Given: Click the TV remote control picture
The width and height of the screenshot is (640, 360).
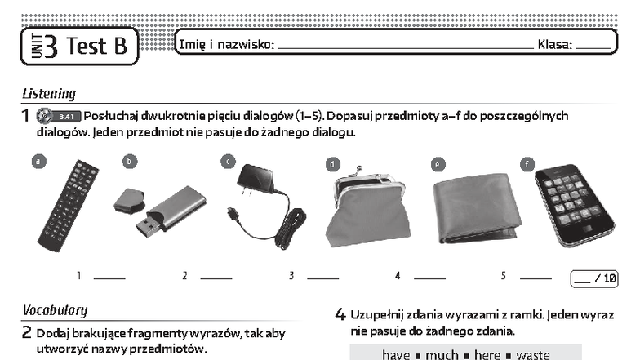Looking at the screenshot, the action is (69, 206).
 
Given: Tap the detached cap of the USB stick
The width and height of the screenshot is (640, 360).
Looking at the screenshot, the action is (129, 200).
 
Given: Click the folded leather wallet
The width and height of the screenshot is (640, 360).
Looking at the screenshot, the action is (477, 208).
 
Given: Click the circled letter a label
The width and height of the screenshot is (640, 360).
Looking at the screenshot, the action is (39, 162).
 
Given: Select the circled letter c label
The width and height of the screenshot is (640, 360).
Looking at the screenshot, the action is (229, 162).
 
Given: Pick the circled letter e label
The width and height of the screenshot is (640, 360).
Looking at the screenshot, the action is (438, 165).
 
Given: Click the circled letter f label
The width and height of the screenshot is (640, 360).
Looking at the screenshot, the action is (527, 165).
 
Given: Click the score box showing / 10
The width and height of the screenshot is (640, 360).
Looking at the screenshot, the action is (594, 279).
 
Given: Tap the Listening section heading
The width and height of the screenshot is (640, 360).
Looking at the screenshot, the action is (49, 94).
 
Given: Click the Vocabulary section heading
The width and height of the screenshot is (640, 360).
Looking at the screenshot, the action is (56, 310).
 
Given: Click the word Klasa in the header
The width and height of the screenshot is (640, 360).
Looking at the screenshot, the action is (555, 44).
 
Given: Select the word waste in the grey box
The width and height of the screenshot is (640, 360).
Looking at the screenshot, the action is (532, 354).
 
